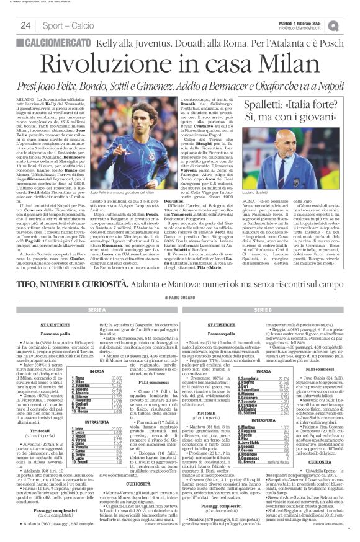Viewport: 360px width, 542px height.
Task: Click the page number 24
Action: click(25, 25)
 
